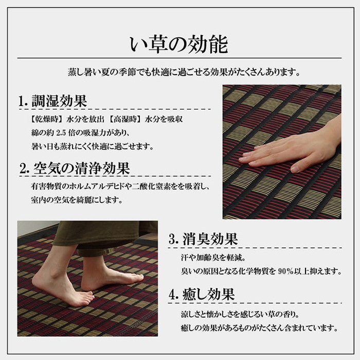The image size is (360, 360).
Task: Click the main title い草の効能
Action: pos(179,45)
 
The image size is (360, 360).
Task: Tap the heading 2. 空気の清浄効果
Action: pos(75,168)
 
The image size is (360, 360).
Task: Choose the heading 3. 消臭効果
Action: pos(203,239)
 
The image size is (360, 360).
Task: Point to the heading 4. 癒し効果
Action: pos(202,294)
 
